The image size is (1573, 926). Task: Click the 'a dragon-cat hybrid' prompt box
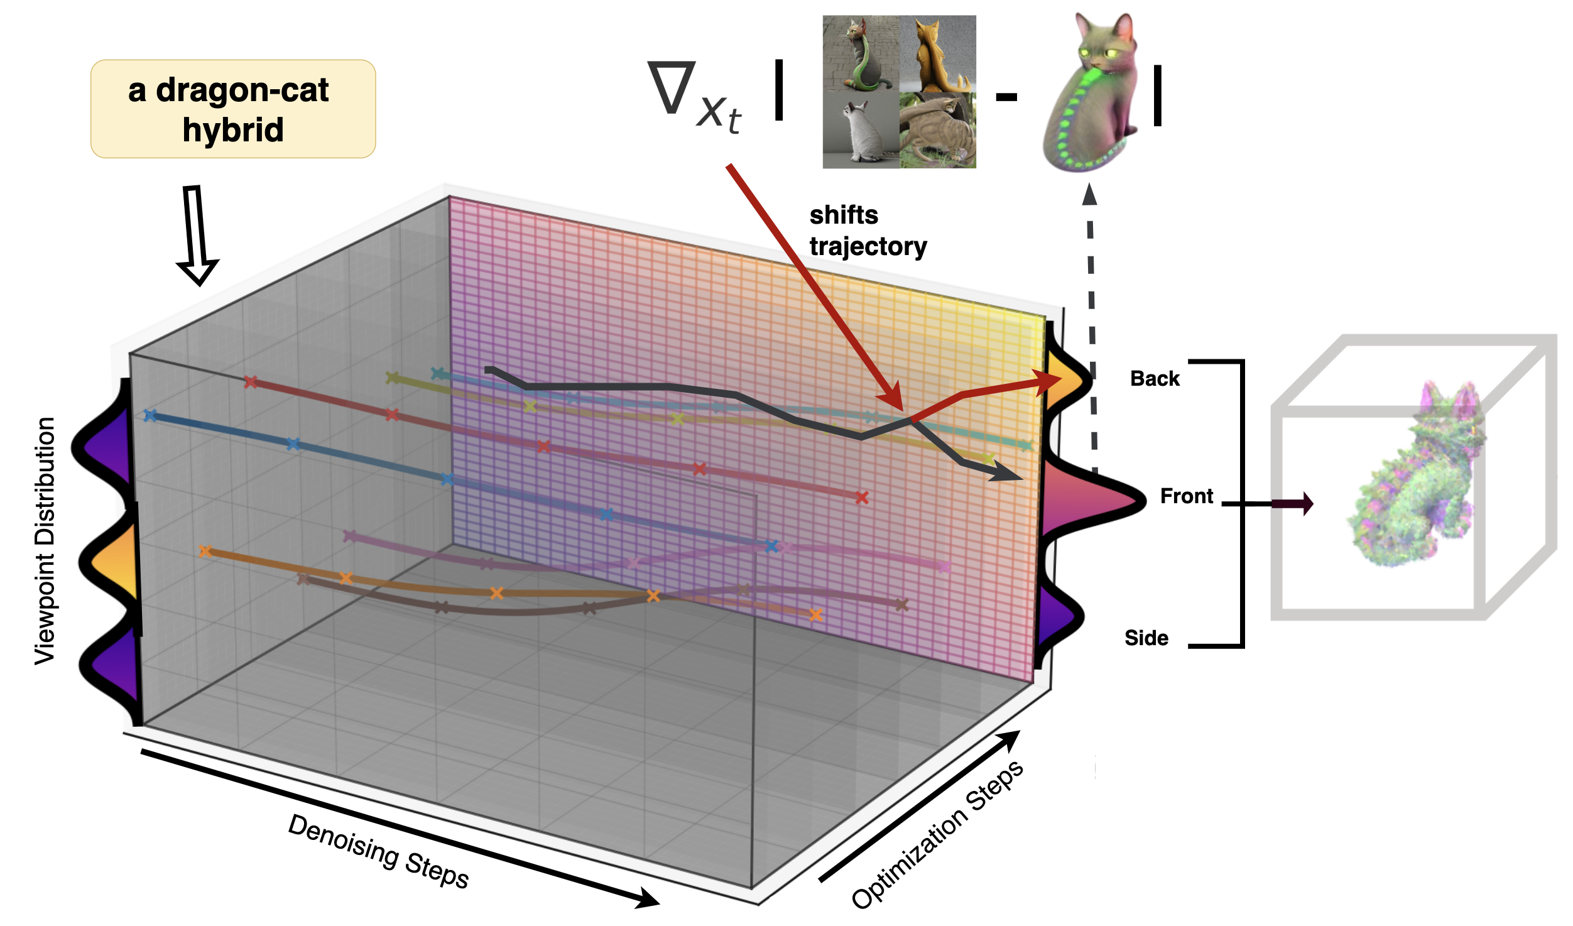tap(233, 109)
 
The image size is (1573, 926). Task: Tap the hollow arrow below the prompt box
tap(197, 236)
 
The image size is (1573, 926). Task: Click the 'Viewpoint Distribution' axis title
tap(45, 540)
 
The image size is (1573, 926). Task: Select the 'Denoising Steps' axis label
tap(378, 851)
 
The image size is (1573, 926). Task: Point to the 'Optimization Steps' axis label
tap(937, 836)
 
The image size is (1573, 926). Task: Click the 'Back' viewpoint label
tap(1155, 379)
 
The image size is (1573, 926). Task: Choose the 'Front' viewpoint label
tap(1186, 496)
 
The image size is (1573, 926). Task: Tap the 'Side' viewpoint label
tap(1146, 638)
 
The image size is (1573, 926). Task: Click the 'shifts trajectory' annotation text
tap(868, 231)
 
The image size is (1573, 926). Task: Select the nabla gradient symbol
tap(672, 88)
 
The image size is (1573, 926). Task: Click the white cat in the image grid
tap(861, 130)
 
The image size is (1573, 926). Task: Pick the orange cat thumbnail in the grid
tap(938, 54)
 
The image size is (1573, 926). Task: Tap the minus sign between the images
tap(1006, 97)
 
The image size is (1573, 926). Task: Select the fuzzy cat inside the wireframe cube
tap(1417, 481)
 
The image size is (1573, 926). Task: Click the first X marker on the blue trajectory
tap(150, 415)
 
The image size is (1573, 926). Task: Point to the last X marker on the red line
tap(862, 498)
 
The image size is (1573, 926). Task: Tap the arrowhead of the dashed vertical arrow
tap(1090, 194)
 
